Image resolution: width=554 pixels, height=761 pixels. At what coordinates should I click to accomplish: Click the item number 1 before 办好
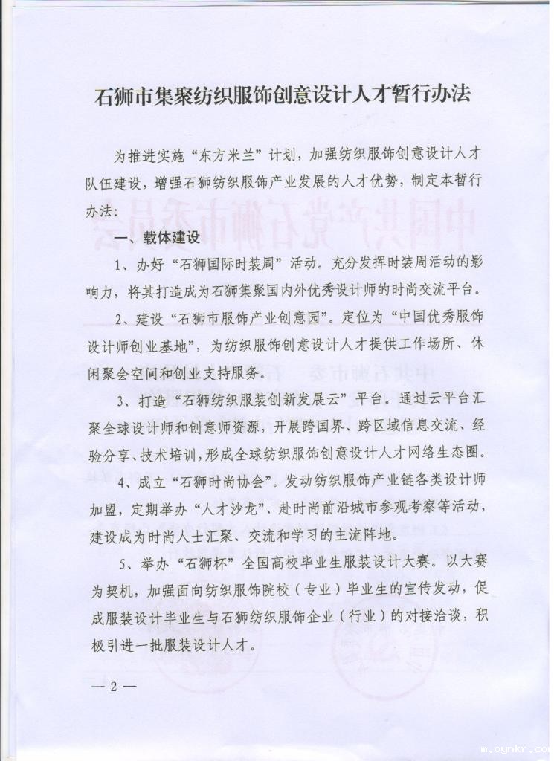pos(120,265)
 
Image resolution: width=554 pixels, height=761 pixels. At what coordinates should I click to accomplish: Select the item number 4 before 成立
pos(120,482)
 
